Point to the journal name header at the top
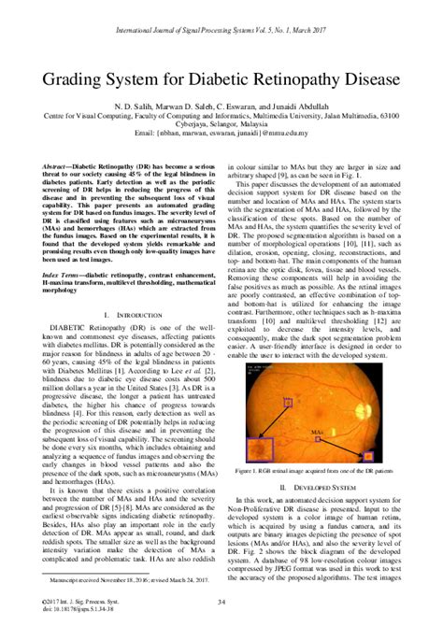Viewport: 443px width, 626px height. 221,15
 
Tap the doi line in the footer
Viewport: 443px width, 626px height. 74,614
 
